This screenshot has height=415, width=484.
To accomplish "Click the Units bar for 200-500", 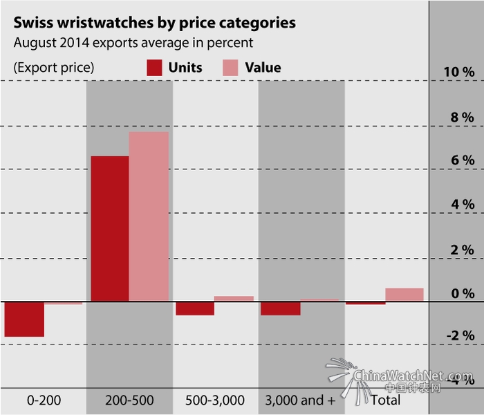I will coord(110,229).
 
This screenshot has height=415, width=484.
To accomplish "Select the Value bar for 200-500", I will coord(149,216).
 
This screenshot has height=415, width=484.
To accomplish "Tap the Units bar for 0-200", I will coord(24,319).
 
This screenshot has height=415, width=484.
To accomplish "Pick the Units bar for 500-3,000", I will coord(194,308).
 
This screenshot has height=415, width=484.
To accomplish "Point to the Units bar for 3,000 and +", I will coord(280,308).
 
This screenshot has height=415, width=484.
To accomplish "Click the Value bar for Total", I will coord(404,295).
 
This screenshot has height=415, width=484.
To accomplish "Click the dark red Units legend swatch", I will coord(155,67).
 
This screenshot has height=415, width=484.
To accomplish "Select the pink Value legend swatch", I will coord(230,67).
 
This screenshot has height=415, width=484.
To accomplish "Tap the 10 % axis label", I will coord(459,73).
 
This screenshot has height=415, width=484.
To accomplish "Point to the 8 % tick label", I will coord(463,117).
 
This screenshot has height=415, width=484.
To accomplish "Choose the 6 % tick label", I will coord(463,160).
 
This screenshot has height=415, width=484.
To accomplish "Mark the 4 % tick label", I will coord(463,205).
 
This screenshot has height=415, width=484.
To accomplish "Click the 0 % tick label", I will coord(463,294).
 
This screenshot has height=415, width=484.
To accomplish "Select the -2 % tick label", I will coord(460,336).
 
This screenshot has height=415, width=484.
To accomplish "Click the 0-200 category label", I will coord(43,400).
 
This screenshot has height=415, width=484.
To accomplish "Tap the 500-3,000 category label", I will coord(215,400).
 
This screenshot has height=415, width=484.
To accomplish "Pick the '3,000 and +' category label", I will coord(300,400).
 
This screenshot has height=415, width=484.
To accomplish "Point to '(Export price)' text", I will coord(53,68).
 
